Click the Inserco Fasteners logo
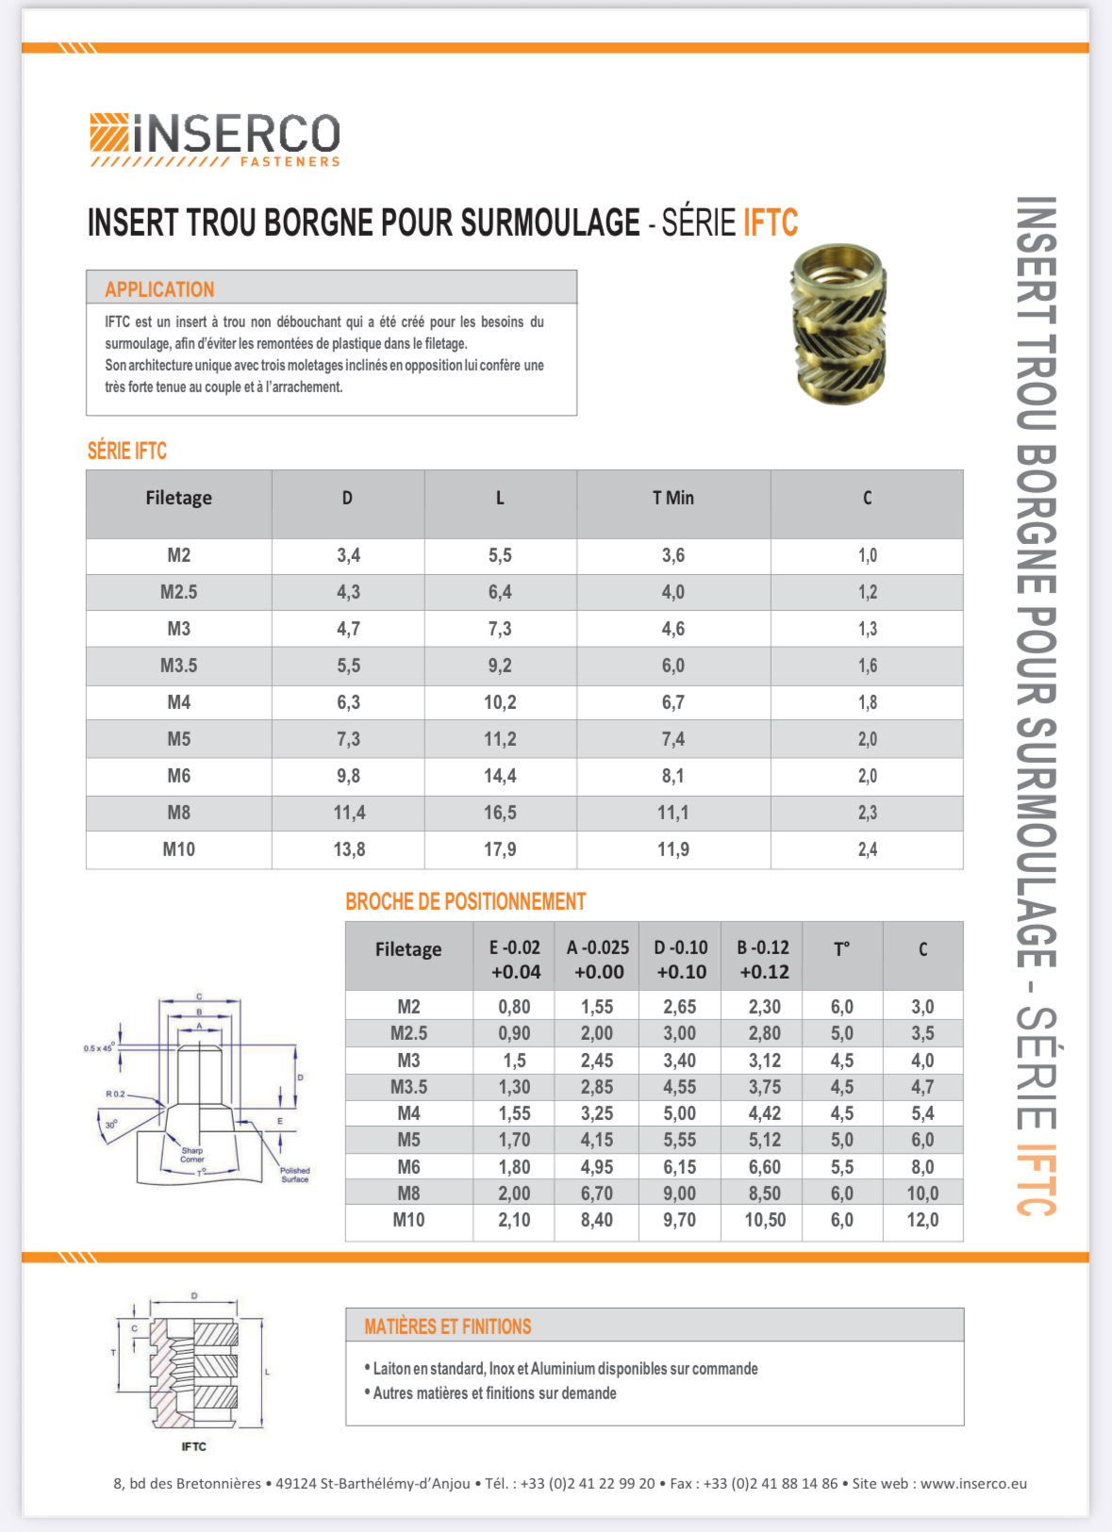[x=215, y=140]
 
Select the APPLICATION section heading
[x=159, y=289]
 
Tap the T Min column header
[x=672, y=498]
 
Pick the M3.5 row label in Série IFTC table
[x=178, y=666]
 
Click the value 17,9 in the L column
[x=500, y=849]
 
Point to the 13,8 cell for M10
[x=349, y=849]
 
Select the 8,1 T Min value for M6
[x=672, y=776]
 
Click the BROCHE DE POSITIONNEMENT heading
[x=465, y=902]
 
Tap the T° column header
[x=841, y=949]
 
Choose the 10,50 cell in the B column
[x=764, y=1220]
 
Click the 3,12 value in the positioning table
[x=764, y=1061]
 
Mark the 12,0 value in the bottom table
[x=922, y=1220]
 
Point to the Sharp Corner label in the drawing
[x=192, y=1155]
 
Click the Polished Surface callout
[x=294, y=1175]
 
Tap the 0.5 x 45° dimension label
[x=98, y=1047]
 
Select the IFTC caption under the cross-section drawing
[x=193, y=1446]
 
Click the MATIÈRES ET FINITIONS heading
[x=448, y=1326]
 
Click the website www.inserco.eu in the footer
[x=973, y=1483]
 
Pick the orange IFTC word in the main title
[x=770, y=223]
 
